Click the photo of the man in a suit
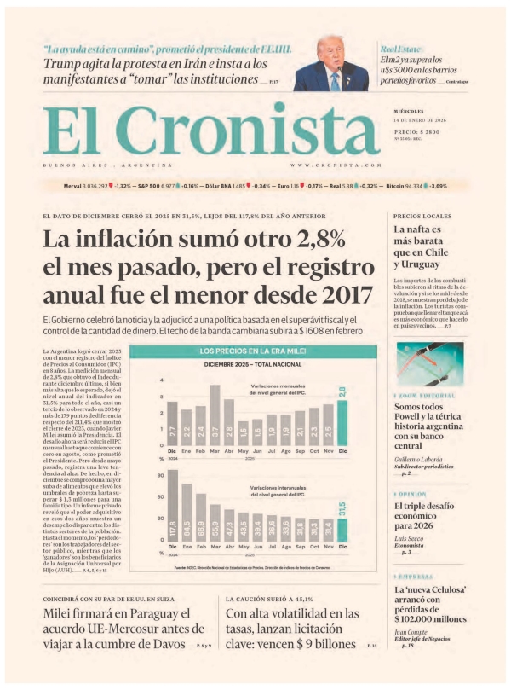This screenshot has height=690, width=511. click(x=331, y=64)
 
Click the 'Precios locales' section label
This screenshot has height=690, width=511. click(x=422, y=216)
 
